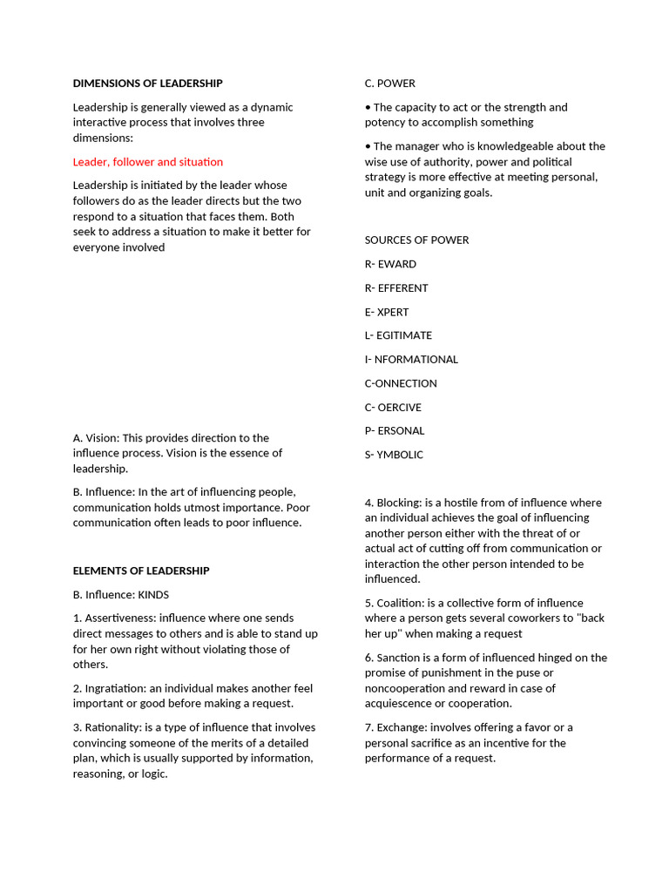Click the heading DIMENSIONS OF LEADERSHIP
pyautogui.click(x=147, y=84)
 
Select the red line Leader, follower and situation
pyautogui.click(x=147, y=162)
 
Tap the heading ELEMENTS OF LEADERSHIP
pyautogui.click(x=141, y=571)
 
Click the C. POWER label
pyautogui.click(x=389, y=84)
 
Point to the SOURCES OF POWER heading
pyautogui.click(x=416, y=240)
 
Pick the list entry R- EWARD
pyautogui.click(x=390, y=264)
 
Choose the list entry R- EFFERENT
pyautogui.click(x=396, y=288)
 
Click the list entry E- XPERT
pyautogui.click(x=387, y=312)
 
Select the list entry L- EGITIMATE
pyautogui.click(x=398, y=335)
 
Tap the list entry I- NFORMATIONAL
pyautogui.click(x=411, y=359)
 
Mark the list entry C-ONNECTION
pyautogui.click(x=401, y=383)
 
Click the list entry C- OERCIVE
pyautogui.click(x=393, y=407)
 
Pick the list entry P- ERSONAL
pyautogui.click(x=395, y=430)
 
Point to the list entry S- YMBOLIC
pyautogui.click(x=394, y=455)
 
